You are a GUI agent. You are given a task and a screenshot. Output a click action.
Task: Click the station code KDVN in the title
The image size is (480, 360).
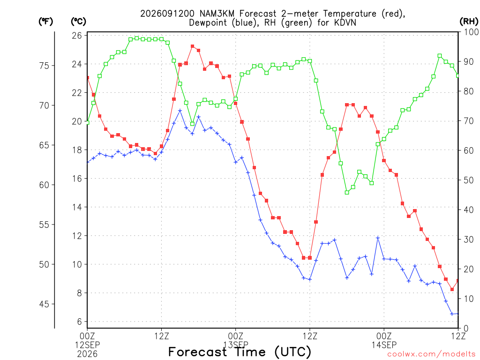[345, 23]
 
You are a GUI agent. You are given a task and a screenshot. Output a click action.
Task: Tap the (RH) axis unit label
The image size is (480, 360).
[469, 22]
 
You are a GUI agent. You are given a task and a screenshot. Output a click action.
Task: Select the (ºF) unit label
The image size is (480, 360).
[45, 22]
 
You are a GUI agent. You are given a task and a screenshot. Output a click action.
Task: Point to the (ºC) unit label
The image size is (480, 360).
[78, 22]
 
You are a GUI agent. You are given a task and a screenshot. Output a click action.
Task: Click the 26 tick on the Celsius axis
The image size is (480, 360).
[77, 36]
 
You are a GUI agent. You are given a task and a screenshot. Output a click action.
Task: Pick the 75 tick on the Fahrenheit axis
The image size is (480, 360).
[45, 66]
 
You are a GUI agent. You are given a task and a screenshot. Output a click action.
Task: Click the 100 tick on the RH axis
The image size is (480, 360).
[471, 32]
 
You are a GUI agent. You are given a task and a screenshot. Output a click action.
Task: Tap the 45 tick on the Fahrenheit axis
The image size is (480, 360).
[45, 304]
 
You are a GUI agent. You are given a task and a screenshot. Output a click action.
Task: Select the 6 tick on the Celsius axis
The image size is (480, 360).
[80, 322]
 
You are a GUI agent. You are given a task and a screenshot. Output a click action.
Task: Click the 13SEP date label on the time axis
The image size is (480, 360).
[236, 345]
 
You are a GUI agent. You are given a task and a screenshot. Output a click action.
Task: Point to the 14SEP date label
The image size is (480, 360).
[384, 345]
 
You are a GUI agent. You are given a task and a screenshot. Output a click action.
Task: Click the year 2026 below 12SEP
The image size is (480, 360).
[87, 354]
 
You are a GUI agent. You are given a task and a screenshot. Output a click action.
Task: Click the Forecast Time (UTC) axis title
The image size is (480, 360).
[240, 352]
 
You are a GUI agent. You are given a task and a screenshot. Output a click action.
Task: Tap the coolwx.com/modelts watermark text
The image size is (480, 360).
[431, 354]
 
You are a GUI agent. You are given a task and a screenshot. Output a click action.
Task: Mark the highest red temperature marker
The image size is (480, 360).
[192, 46]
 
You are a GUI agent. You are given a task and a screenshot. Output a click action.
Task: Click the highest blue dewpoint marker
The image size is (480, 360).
[180, 111]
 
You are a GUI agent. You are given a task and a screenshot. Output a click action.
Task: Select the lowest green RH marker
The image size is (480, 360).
[347, 193]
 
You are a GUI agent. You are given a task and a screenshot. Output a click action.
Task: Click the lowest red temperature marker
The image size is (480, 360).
[452, 289]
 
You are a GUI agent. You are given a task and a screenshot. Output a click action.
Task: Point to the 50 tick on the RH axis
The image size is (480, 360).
[469, 180]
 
